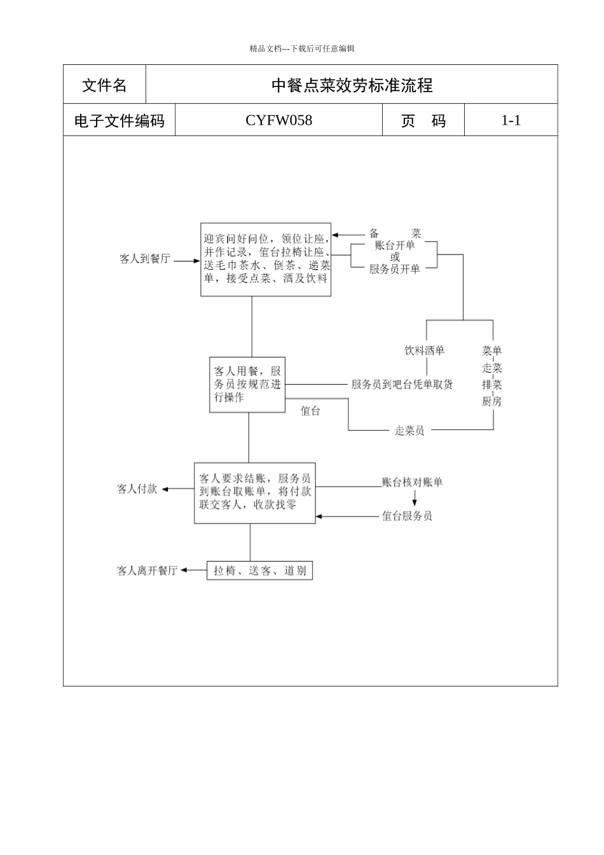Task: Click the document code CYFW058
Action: [x=278, y=120]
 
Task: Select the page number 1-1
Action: [x=511, y=120]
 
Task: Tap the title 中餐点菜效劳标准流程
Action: [x=352, y=85]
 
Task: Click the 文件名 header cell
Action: [x=104, y=85]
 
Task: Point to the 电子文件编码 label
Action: [x=119, y=121]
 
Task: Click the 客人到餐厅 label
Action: [x=145, y=260]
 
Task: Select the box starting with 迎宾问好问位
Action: [x=266, y=260]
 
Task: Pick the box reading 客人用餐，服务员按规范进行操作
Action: [x=247, y=384]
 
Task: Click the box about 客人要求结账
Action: [x=254, y=492]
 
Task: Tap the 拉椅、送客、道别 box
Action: [x=259, y=571]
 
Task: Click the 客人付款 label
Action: [x=137, y=489]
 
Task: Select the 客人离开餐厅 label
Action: [x=147, y=571]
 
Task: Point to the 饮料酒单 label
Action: [x=425, y=351]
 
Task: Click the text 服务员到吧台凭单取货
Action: [x=402, y=384]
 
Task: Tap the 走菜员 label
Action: [x=409, y=431]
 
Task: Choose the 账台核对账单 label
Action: [x=412, y=482]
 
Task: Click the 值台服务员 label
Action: [x=407, y=516]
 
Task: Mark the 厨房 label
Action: [x=491, y=401]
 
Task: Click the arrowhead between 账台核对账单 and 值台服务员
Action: [x=415, y=503]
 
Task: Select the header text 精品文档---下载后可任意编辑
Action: [x=302, y=48]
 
